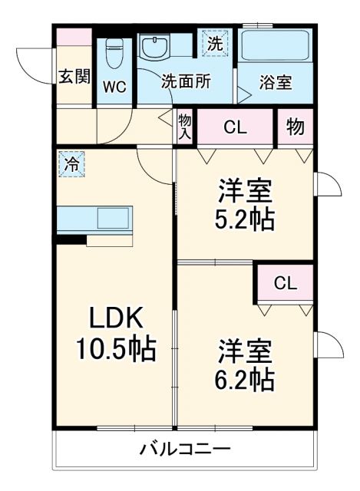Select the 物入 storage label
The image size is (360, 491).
click(x=185, y=126)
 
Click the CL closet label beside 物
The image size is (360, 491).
click(x=235, y=127)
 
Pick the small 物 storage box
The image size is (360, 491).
click(x=295, y=127)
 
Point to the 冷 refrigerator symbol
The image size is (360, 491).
click(x=71, y=163)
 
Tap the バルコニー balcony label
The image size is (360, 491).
click(x=184, y=450)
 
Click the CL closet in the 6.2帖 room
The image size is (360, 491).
click(x=285, y=283)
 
